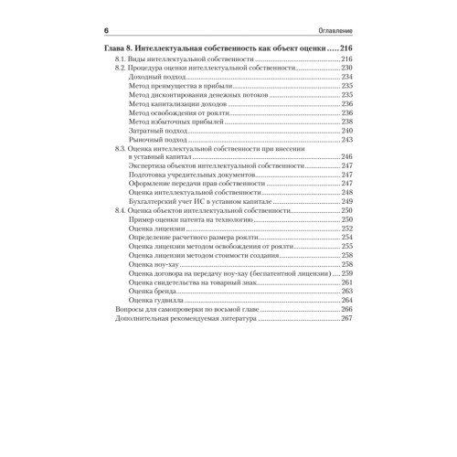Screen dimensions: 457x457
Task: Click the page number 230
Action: [x=346, y=69]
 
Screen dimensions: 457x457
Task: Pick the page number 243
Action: [x=346, y=139]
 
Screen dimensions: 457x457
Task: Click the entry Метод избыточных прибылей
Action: [x=175, y=122]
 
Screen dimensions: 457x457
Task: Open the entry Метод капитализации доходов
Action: [x=178, y=104]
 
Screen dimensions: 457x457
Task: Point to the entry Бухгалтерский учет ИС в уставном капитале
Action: [x=199, y=201]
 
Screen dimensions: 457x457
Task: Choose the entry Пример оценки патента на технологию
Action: [x=190, y=219]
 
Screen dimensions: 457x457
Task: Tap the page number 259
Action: [x=346, y=272]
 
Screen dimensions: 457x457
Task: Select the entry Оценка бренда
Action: [x=153, y=291]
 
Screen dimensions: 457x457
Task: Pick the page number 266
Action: [x=346, y=308]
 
